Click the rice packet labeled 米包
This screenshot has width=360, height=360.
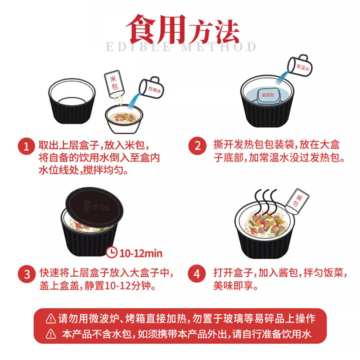[x=114, y=83]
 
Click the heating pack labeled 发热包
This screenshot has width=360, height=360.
[x=270, y=96]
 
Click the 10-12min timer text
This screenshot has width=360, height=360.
[x=140, y=253]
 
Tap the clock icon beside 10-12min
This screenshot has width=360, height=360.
[x=111, y=253]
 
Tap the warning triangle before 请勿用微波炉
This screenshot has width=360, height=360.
[x=51, y=319]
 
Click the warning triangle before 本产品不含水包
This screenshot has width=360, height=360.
[x=51, y=334]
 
